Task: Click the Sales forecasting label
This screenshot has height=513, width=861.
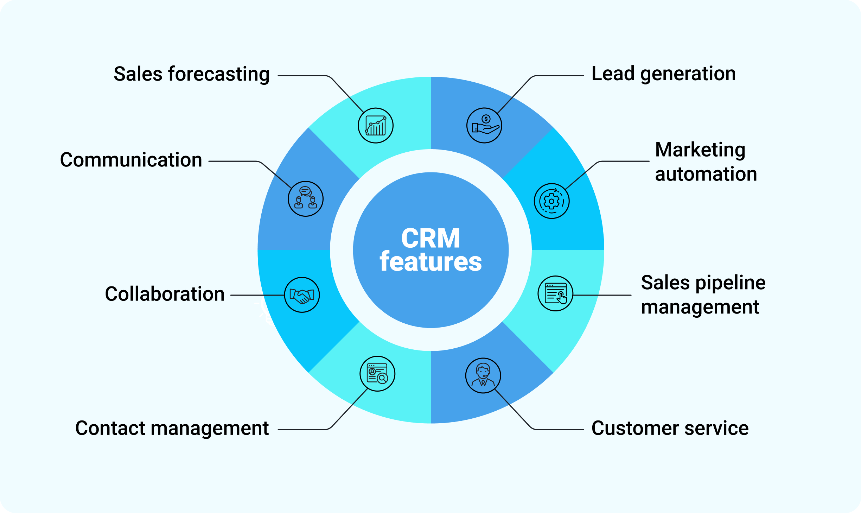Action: pyautogui.click(x=192, y=74)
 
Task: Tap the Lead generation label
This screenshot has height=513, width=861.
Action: pyautogui.click(x=663, y=74)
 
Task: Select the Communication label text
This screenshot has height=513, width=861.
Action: pyautogui.click(x=131, y=160)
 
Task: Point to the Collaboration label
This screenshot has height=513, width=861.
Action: pyautogui.click(x=165, y=294)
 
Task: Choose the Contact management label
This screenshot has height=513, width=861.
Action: pyautogui.click(x=172, y=428)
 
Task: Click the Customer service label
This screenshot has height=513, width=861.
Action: pyautogui.click(x=670, y=428)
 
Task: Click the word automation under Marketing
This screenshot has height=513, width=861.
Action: pyautogui.click(x=706, y=174)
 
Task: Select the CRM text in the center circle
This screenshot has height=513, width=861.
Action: pyautogui.click(x=431, y=238)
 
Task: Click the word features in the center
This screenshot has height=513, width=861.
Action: pyautogui.click(x=431, y=262)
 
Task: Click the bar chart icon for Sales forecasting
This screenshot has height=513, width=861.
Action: pyautogui.click(x=376, y=126)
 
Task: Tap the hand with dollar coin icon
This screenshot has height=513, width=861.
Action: pyautogui.click(x=484, y=126)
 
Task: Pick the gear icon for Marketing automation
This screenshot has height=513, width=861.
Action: pyautogui.click(x=551, y=201)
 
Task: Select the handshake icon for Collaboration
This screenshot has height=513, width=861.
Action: pyautogui.click(x=302, y=295)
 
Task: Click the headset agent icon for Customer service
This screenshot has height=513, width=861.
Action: pyautogui.click(x=483, y=375)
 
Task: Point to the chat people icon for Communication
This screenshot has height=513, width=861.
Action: pyautogui.click(x=305, y=199)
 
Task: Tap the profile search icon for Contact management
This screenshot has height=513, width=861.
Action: pyautogui.click(x=377, y=373)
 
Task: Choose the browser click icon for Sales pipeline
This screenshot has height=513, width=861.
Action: pyautogui.click(x=555, y=293)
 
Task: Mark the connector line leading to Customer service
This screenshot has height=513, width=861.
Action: pyautogui.click(x=556, y=430)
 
